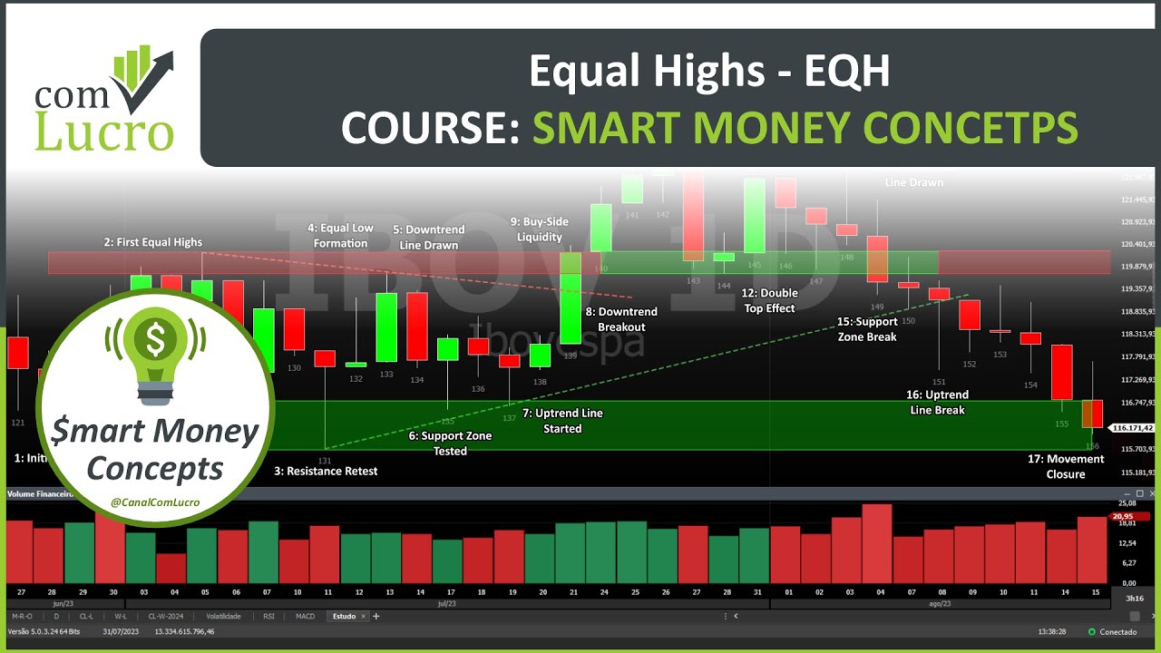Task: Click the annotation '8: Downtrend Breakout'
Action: click(621, 319)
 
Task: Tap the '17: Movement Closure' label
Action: click(1066, 466)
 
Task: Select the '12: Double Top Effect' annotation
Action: click(768, 300)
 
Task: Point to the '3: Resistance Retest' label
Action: click(326, 471)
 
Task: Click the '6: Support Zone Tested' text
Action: click(450, 443)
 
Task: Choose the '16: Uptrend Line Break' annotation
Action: click(937, 402)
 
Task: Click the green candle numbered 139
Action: click(571, 298)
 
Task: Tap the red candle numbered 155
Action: click(1061, 372)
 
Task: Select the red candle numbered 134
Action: click(417, 326)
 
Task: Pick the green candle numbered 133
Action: click(386, 326)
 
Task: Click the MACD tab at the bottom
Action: click(306, 616)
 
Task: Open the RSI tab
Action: click(268, 616)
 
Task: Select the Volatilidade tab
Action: click(222, 616)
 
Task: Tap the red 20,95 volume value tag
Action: click(1123, 516)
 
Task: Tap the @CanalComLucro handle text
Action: click(156, 502)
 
